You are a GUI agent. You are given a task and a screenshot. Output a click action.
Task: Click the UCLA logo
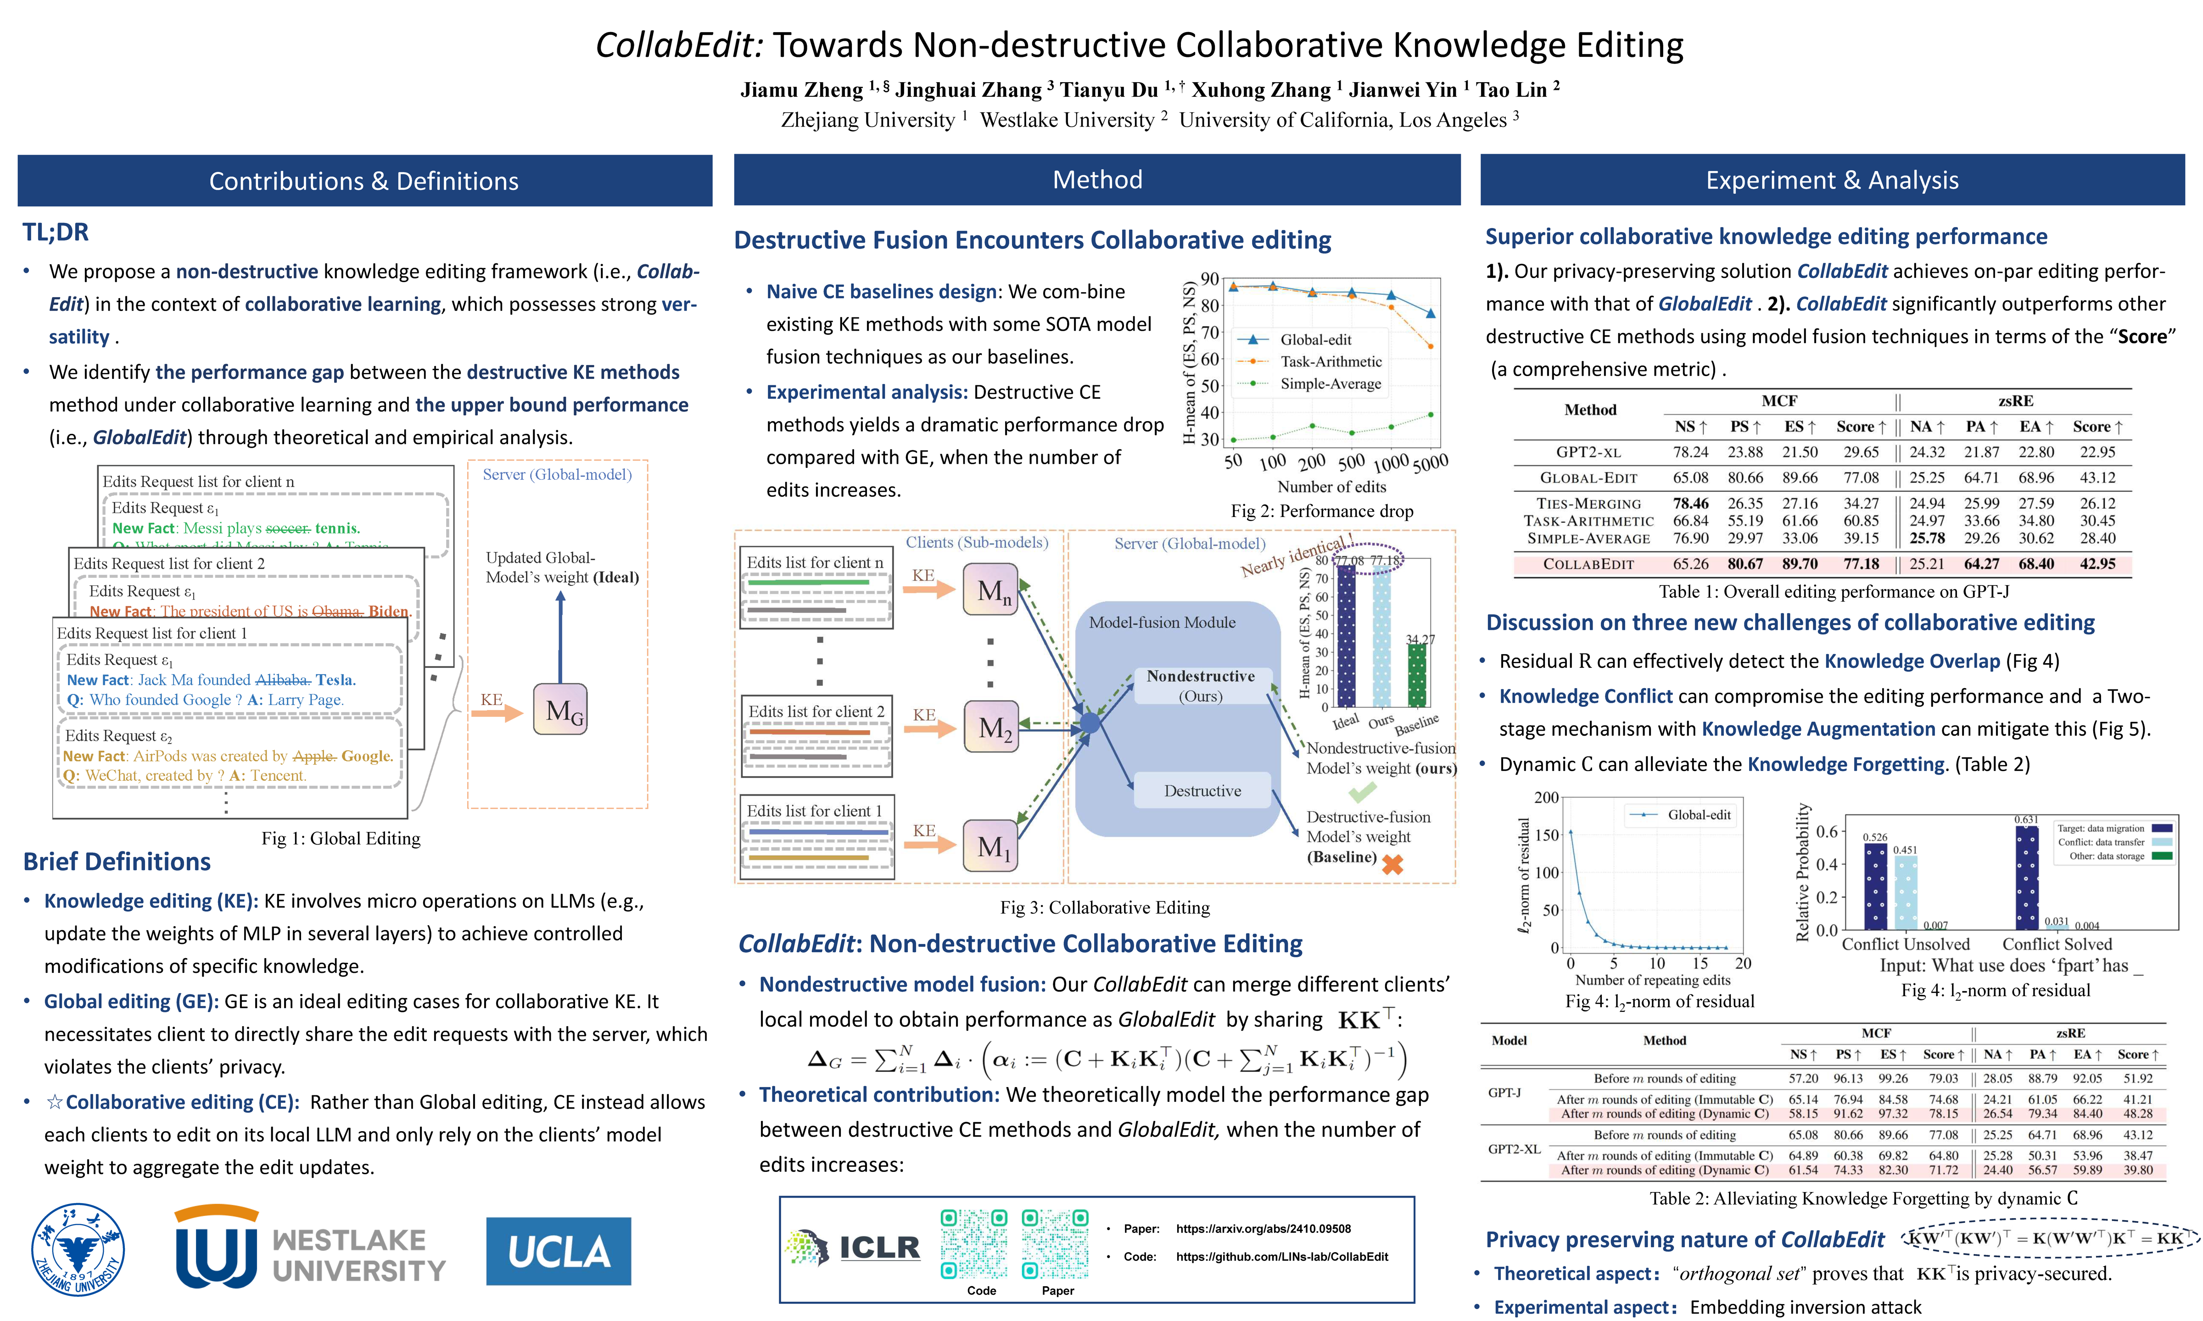tap(558, 1251)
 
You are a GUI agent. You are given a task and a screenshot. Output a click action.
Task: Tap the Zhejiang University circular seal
tap(78, 1250)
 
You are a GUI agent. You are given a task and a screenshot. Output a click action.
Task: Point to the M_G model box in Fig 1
tap(560, 710)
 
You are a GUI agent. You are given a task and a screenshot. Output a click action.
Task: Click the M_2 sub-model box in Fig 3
tap(991, 727)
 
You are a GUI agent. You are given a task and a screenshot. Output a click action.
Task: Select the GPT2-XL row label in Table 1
tap(1588, 452)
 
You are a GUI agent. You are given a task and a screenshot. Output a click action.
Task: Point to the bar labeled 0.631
tap(2027, 877)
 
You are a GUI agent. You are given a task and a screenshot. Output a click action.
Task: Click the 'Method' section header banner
tap(1097, 180)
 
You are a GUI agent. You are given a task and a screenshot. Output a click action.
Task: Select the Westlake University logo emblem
tap(216, 1248)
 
